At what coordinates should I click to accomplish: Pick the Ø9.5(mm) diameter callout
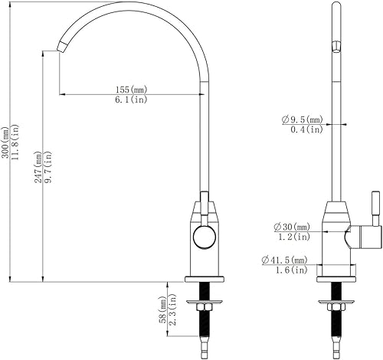[x=302, y=119]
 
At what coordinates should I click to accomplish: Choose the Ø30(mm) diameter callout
[x=291, y=227]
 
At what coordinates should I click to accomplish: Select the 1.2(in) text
[x=292, y=237]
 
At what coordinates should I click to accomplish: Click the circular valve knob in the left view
[x=205, y=237]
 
